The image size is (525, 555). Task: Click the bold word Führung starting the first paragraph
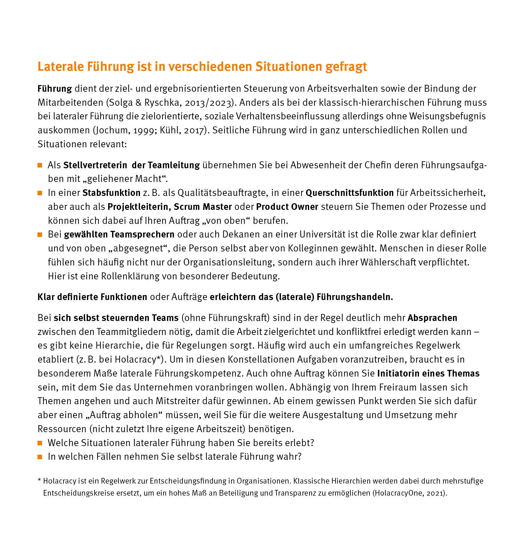(55, 89)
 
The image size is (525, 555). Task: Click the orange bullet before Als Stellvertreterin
(40, 165)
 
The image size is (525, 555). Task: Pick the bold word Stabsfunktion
(111, 193)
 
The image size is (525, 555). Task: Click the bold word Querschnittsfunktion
(349, 193)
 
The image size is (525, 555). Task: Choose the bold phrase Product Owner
(287, 207)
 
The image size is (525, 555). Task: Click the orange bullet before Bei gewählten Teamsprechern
(40, 235)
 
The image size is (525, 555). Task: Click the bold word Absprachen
(432, 318)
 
